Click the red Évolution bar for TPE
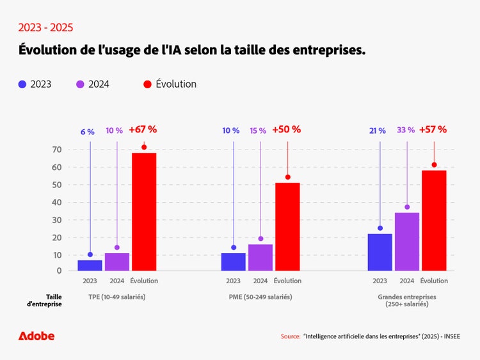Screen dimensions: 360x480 pyautogui.click(x=144, y=211)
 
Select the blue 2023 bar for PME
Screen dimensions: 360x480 pyautogui.click(x=234, y=262)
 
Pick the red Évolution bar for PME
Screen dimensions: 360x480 pyautogui.click(x=287, y=226)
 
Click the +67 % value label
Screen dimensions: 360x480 pyautogui.click(x=143, y=130)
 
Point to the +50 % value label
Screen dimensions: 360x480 pyautogui.click(x=286, y=130)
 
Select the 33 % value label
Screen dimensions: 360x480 pyautogui.click(x=406, y=130)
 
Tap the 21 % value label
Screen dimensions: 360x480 pyautogui.click(x=378, y=131)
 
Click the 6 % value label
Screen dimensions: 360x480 pyautogui.click(x=88, y=132)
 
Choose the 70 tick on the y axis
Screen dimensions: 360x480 pyautogui.click(x=56, y=150)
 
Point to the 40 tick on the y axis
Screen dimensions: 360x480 pyautogui.click(x=56, y=202)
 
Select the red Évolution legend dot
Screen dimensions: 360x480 pyautogui.click(x=148, y=84)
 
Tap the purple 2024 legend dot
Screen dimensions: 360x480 pyautogui.click(x=81, y=84)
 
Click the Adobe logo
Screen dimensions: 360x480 pyautogui.click(x=36, y=336)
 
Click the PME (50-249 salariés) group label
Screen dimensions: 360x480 pyautogui.click(x=260, y=297)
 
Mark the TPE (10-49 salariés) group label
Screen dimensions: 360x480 pyautogui.click(x=117, y=297)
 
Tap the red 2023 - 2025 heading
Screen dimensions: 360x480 pyautogui.click(x=45, y=27)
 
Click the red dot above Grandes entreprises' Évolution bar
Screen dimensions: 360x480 pyautogui.click(x=434, y=165)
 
